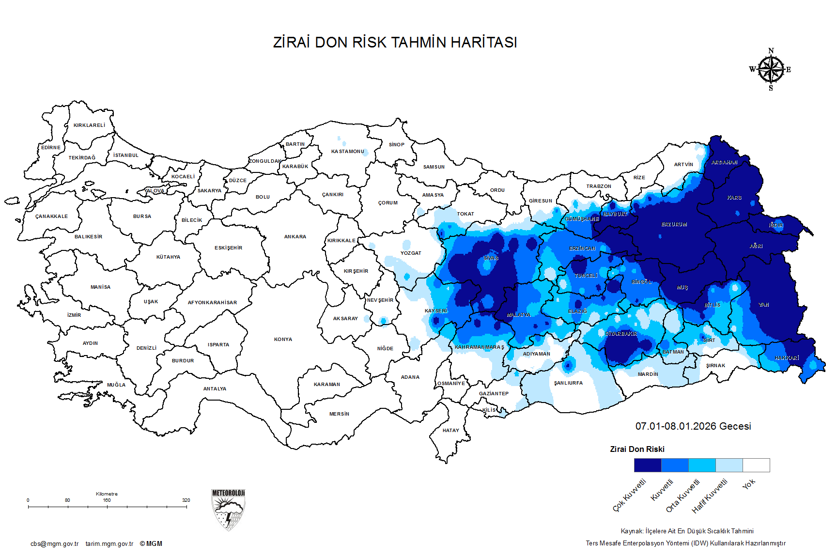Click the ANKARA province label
tap(295, 237)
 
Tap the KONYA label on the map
tap(283, 340)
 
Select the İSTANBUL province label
tap(126, 155)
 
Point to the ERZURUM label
tap(674, 225)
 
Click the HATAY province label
tap(450, 430)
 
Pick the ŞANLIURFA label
tap(569, 383)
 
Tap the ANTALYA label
tap(215, 389)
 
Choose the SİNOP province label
tap(396, 145)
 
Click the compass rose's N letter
tap(771, 51)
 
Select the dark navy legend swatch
tap(648, 465)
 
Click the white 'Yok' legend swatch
tap(756, 465)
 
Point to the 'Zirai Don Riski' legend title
tap(637, 449)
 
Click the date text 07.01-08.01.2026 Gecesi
tap(693, 426)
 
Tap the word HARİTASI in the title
tap(484, 43)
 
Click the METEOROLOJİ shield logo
tap(228, 510)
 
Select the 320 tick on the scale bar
tap(186, 500)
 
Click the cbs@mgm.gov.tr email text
tap(54, 544)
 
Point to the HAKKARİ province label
tap(787, 358)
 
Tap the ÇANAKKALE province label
tap(51, 217)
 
